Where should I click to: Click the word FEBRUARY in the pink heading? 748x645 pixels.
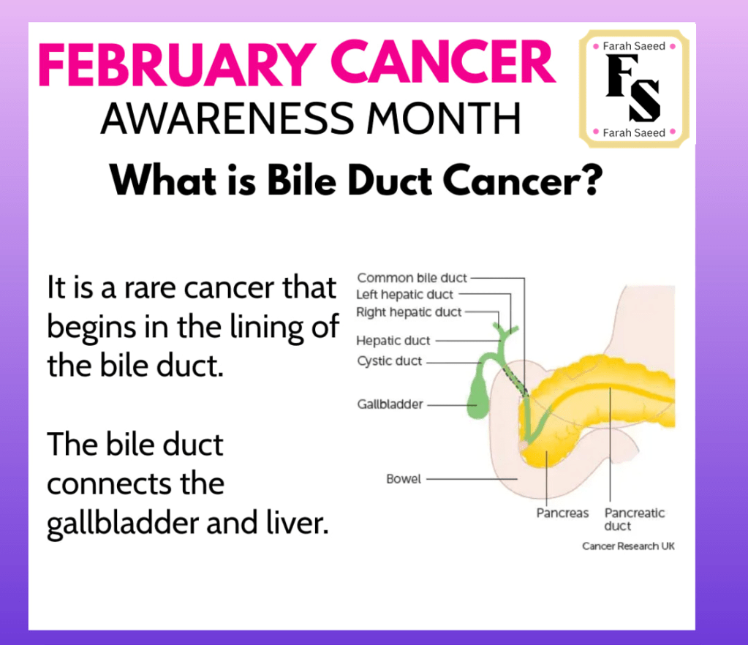pyautogui.click(x=177, y=64)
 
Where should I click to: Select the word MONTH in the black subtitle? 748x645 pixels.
pyautogui.click(x=443, y=118)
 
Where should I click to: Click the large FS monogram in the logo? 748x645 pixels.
pyautogui.click(x=633, y=88)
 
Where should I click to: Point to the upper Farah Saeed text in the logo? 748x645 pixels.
pyautogui.click(x=634, y=46)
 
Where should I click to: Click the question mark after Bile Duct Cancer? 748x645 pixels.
pyautogui.click(x=593, y=181)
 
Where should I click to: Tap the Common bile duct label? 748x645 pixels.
pyautogui.click(x=412, y=278)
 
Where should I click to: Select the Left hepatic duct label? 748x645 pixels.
pyautogui.click(x=404, y=295)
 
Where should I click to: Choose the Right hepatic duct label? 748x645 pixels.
pyautogui.click(x=409, y=312)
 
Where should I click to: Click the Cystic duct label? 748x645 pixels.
pyautogui.click(x=389, y=361)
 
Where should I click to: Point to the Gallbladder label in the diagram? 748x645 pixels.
pyautogui.click(x=390, y=404)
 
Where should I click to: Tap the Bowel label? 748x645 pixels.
pyautogui.click(x=404, y=479)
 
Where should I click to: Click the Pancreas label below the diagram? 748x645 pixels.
pyautogui.click(x=562, y=513)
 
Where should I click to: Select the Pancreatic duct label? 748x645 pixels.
pyautogui.click(x=635, y=519)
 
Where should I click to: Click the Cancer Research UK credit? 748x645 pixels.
pyautogui.click(x=628, y=546)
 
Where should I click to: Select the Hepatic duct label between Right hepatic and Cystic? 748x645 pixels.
pyautogui.click(x=393, y=341)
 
